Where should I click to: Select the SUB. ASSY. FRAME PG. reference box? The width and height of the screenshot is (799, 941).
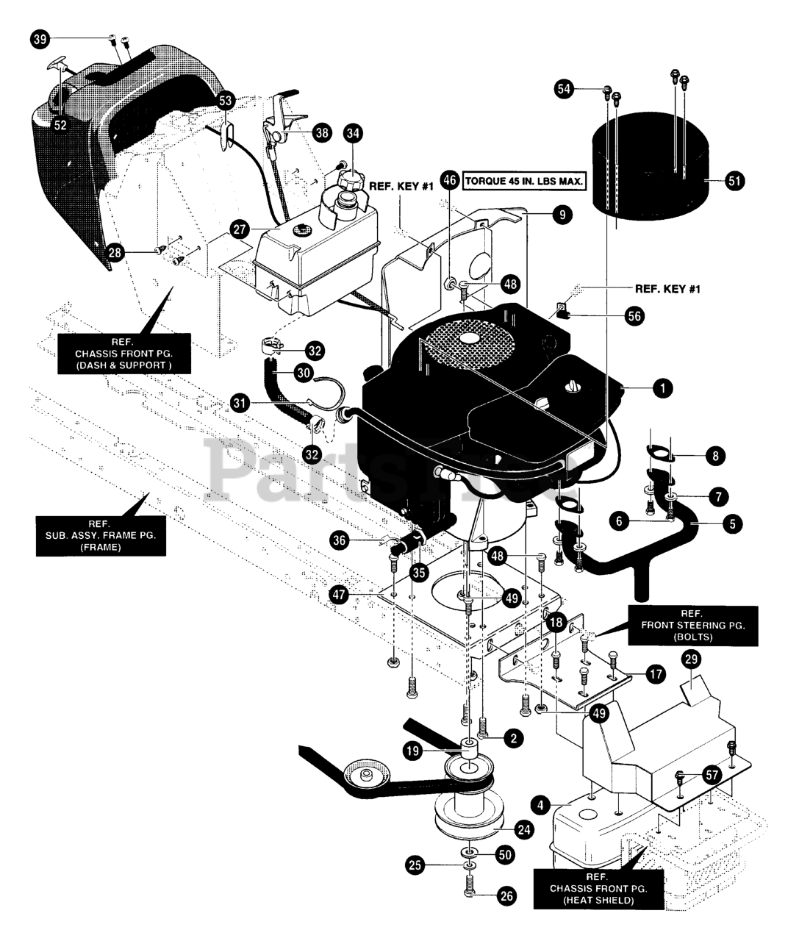tap(101, 534)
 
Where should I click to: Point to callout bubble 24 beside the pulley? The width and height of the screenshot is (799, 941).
tap(523, 830)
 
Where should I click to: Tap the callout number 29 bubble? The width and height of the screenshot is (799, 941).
tap(691, 659)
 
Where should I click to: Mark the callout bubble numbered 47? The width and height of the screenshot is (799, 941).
tap(338, 595)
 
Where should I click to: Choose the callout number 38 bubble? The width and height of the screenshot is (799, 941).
tap(321, 132)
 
